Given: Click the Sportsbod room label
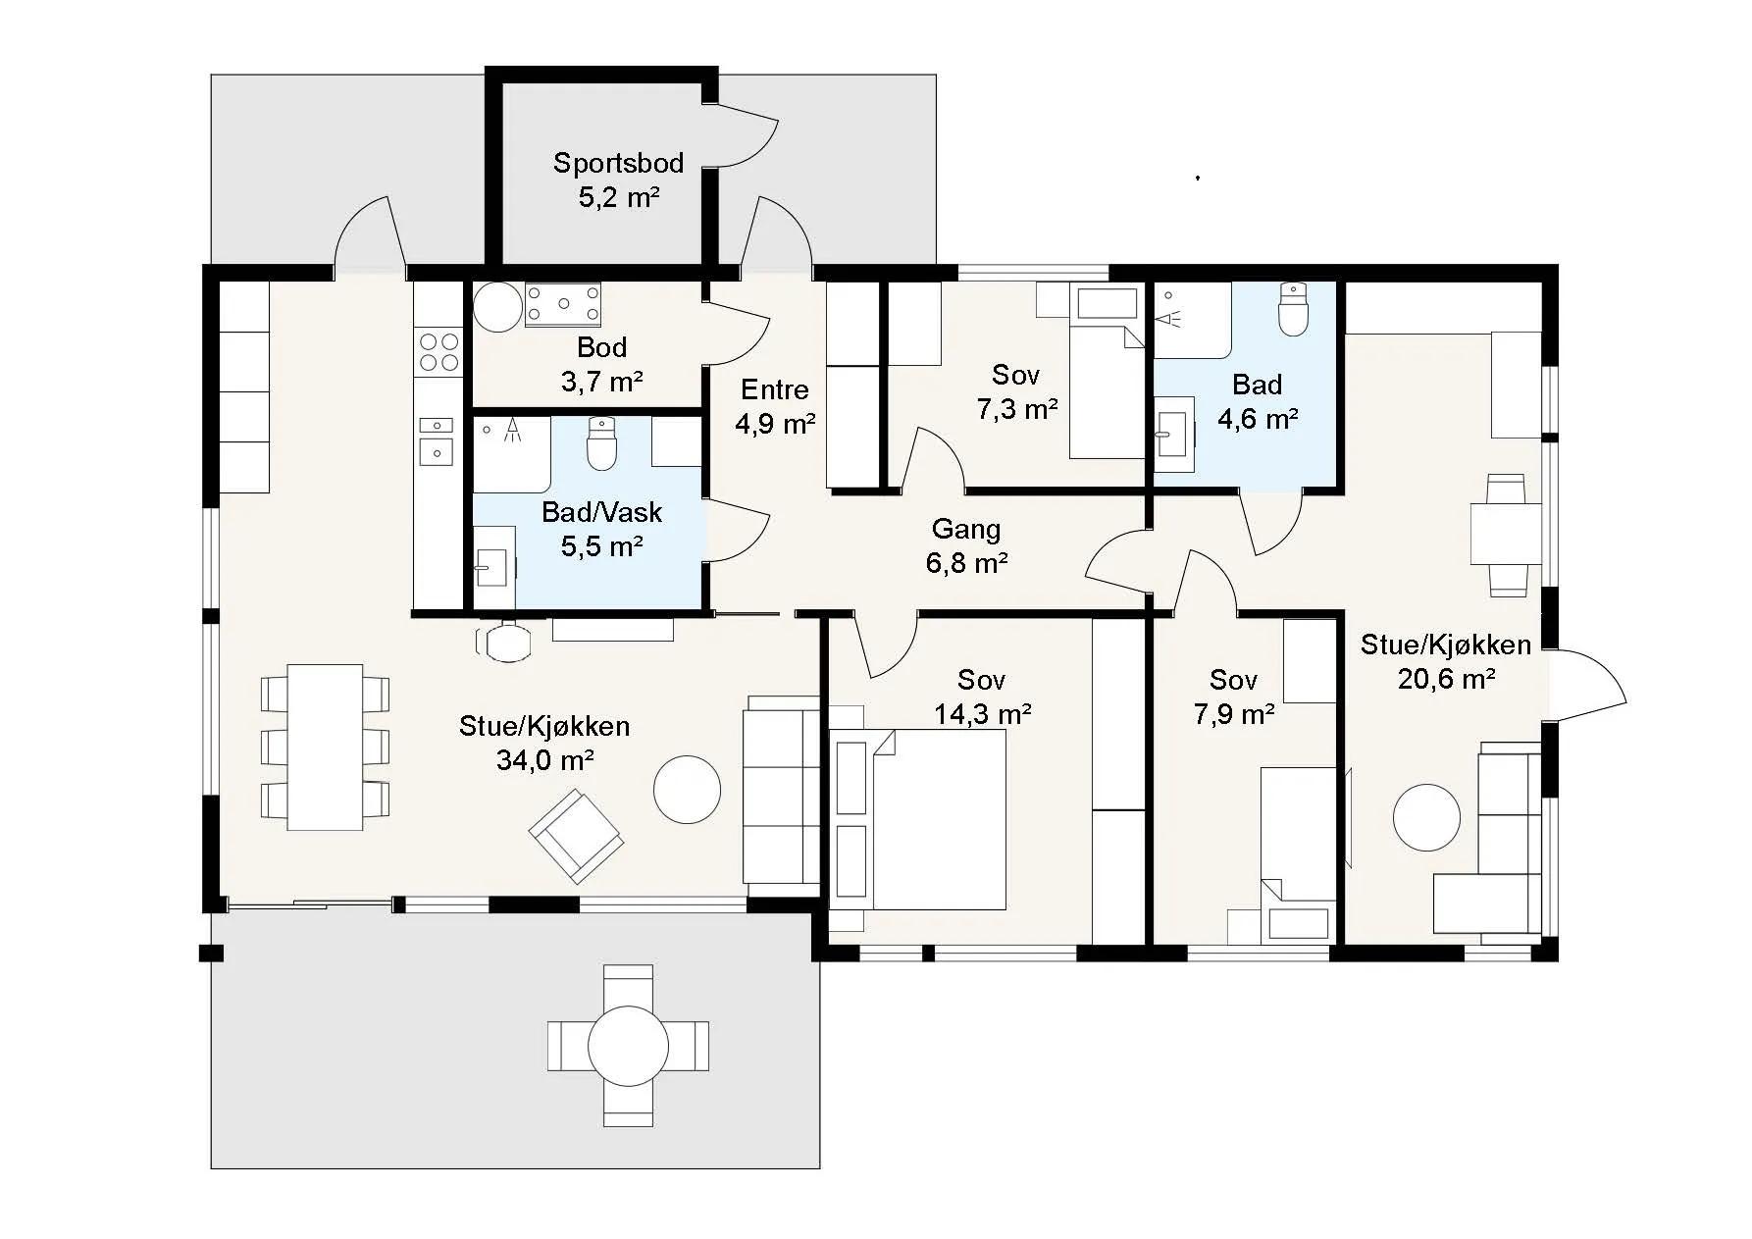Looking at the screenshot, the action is coord(618,163).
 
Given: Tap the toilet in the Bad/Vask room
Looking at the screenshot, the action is coord(600,443).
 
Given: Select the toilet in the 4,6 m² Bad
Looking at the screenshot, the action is coord(1294,309).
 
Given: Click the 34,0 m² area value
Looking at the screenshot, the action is coord(545,759).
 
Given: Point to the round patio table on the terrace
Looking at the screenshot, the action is coord(628,1045).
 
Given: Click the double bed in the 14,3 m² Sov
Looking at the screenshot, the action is coord(918,820).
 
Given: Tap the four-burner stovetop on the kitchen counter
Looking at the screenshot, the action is coord(438,352).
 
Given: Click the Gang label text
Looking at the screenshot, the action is coord(966,530).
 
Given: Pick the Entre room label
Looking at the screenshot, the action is coord(775,389).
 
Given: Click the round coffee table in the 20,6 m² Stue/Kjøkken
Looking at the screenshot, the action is coord(1426,817).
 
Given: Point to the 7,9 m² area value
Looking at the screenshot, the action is coord(1234,714).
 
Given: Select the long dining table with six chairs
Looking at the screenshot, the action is coord(325,747).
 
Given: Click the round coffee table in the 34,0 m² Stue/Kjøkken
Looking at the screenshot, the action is coord(688,789).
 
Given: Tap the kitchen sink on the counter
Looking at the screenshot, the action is coord(437,439).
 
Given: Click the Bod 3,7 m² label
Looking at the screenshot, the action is coord(601,364).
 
